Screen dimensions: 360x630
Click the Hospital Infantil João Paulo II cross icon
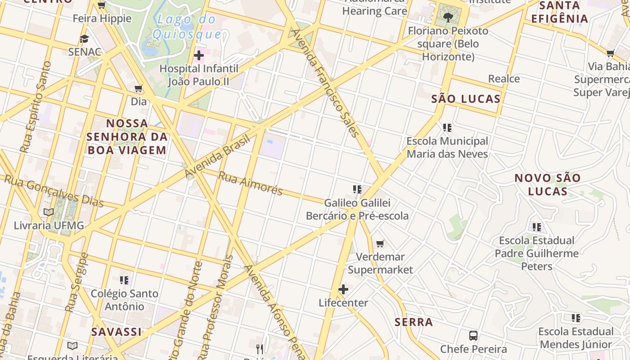tap(199, 55)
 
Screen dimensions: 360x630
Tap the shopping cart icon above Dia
tap(139, 88)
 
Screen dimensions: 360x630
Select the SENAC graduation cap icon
tap(84, 39)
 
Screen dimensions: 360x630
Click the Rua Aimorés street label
tap(250, 183)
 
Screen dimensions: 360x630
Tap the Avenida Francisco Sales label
tap(325, 83)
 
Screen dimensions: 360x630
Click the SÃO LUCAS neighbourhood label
tap(466, 99)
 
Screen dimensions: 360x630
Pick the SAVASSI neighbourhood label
tap(116, 332)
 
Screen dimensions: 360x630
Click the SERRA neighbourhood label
tap(414, 322)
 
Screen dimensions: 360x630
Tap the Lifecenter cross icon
tap(343, 289)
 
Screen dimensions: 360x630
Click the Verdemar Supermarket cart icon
tap(380, 244)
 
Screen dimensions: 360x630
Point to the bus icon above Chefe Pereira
tap(473, 336)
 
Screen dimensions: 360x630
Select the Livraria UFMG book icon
tap(49, 212)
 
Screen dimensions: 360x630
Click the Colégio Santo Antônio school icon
tap(125, 280)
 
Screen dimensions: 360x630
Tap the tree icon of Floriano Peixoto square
tap(448, 18)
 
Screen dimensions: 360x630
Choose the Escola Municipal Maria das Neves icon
tap(447, 128)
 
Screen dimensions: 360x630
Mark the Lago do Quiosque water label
tap(187, 27)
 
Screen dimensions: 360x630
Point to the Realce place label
tap(504, 79)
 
